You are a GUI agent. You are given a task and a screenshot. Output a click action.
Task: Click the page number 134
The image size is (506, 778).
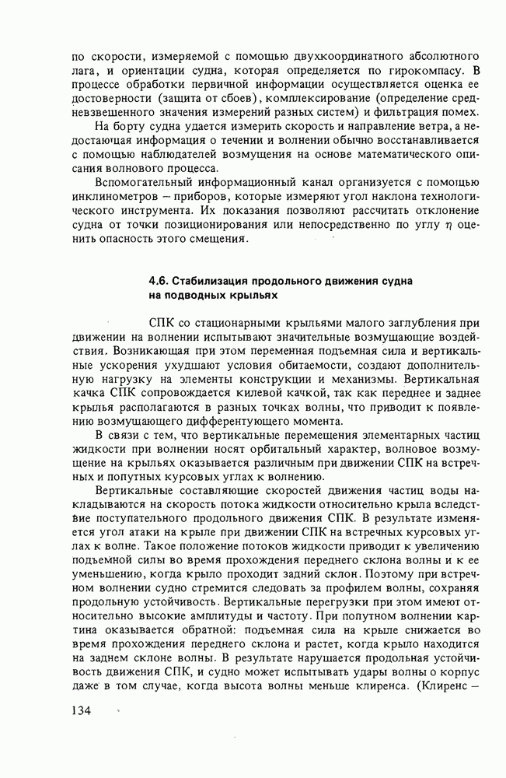click(82, 710)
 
